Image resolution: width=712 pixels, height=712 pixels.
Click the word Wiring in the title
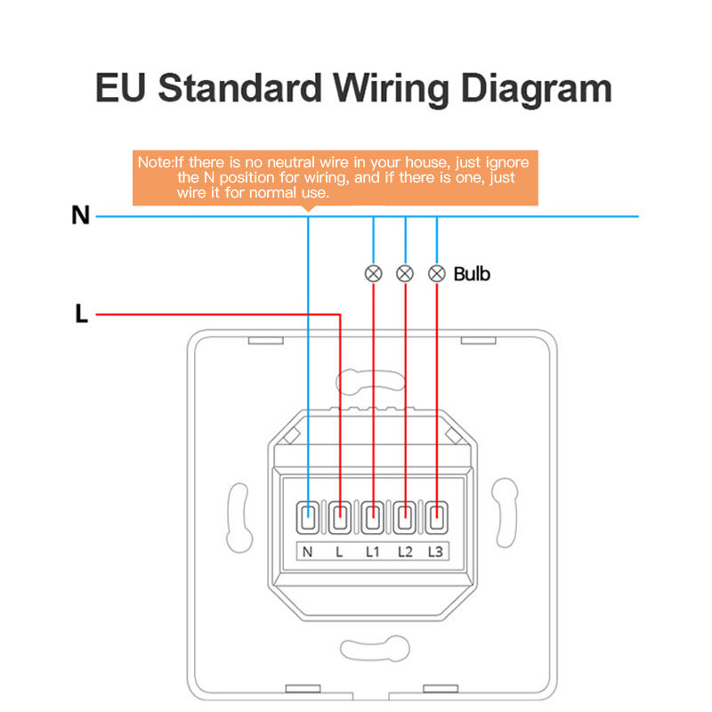point(402,91)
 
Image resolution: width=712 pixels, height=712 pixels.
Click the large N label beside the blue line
point(81,215)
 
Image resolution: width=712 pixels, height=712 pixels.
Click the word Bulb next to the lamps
point(472,273)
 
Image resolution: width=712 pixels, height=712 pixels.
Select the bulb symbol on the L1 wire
point(374,273)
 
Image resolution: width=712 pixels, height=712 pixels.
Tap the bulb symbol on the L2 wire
point(405,273)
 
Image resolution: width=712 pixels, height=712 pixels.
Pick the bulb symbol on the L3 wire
point(436,273)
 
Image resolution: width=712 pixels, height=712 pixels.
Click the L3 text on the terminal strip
point(435,552)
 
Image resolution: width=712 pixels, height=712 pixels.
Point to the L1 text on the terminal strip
point(373,552)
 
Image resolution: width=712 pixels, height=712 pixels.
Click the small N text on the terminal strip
point(308,552)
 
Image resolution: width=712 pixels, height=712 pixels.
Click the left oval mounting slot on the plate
point(239,515)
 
